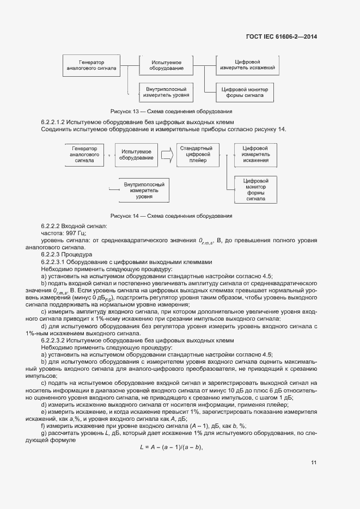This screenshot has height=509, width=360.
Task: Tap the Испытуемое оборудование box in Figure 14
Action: (x=137, y=154)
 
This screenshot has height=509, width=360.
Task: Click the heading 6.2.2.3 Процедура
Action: (x=67, y=254)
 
